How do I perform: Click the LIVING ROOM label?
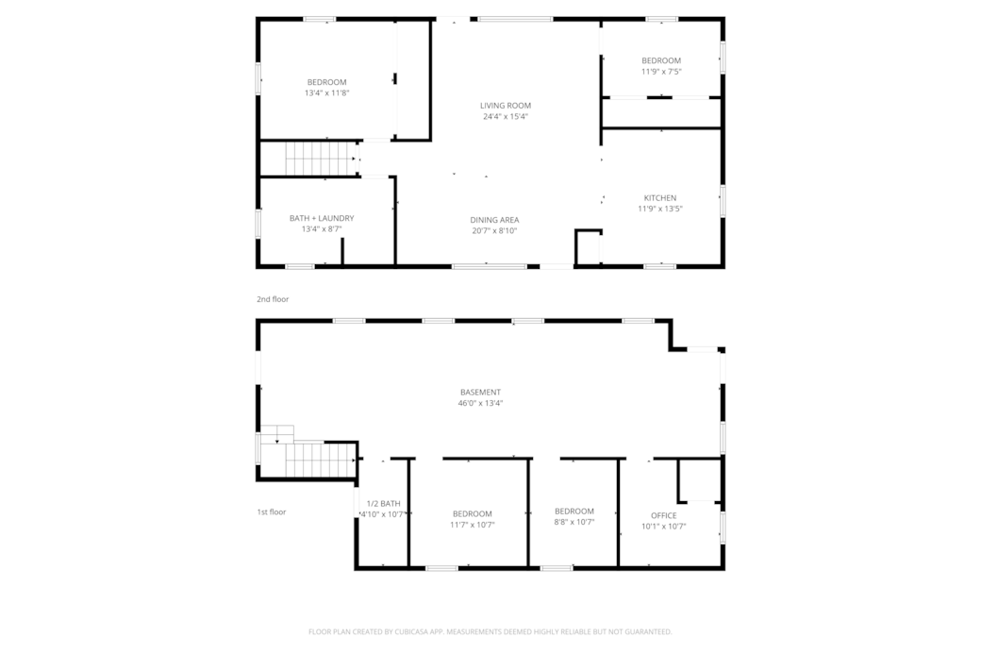point(506,106)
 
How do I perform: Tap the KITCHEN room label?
point(660,198)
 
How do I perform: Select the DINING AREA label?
point(494,220)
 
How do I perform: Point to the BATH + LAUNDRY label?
point(322,218)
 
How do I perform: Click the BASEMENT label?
point(480,393)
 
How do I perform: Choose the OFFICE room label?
point(664,515)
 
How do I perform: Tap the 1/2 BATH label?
point(384,503)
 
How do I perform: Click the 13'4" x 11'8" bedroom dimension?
point(326,92)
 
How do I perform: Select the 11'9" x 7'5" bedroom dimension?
point(661,72)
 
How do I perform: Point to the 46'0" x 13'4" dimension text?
point(480,403)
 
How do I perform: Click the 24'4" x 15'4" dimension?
point(506,116)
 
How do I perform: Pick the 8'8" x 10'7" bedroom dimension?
point(574,522)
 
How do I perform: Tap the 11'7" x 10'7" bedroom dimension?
point(473,525)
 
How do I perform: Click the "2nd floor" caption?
point(273,299)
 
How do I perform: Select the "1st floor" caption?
point(272,511)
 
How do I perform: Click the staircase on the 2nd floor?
point(321,159)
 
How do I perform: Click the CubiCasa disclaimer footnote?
point(490,632)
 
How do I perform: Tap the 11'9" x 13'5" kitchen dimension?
point(660,209)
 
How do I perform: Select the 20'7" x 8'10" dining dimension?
point(494,230)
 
